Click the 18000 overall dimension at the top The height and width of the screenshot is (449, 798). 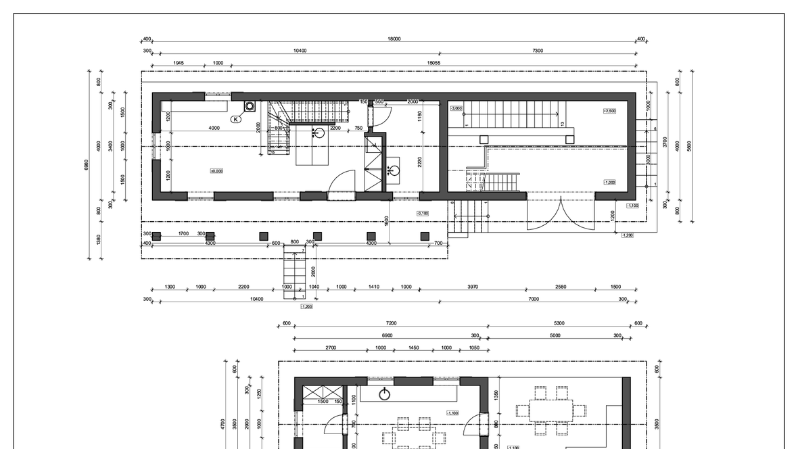pyautogui.click(x=394, y=39)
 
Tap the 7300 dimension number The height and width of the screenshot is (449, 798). pyautogui.click(x=538, y=51)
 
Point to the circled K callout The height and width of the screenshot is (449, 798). pyautogui.click(x=235, y=119)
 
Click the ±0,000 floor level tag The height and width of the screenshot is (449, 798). pyautogui.click(x=216, y=171)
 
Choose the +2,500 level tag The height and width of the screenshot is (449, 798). pyautogui.click(x=609, y=110)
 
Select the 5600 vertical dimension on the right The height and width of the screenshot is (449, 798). pyautogui.click(x=690, y=145)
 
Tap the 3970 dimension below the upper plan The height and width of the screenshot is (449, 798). pyautogui.click(x=473, y=287)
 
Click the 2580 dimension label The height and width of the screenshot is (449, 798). pyautogui.click(x=561, y=287)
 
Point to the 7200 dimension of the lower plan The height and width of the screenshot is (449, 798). pyautogui.click(x=391, y=323)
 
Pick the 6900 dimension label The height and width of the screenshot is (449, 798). pyautogui.click(x=388, y=335)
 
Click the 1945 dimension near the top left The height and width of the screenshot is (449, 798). pyautogui.click(x=179, y=63)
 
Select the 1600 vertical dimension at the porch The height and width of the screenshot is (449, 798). pyautogui.click(x=386, y=220)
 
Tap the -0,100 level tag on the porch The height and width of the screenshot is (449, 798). pyautogui.click(x=423, y=214)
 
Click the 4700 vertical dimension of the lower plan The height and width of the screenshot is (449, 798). pyautogui.click(x=223, y=423)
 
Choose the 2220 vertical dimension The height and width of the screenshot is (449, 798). pyautogui.click(x=420, y=163)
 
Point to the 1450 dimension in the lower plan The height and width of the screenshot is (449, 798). pyautogui.click(x=414, y=348)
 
